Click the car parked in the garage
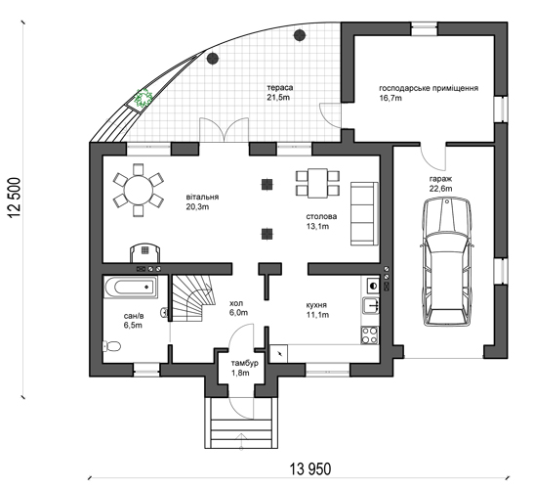tap(446, 263)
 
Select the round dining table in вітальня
tap(139, 190)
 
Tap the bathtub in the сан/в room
tap(131, 287)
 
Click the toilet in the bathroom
tap(111, 346)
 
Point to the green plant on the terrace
tap(144, 98)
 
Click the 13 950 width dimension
tap(309, 469)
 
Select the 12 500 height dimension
tap(15, 199)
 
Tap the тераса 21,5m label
tap(279, 93)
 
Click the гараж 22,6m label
tap(440, 184)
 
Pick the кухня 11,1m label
tap(317, 309)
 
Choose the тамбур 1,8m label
tap(244, 368)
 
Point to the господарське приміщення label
tap(429, 88)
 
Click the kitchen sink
tap(371, 305)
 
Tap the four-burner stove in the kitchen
tap(370, 334)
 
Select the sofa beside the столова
tap(364, 213)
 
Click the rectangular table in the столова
tap(317, 183)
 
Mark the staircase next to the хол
tap(193, 298)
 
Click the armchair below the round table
tap(145, 252)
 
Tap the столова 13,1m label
tap(321, 221)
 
